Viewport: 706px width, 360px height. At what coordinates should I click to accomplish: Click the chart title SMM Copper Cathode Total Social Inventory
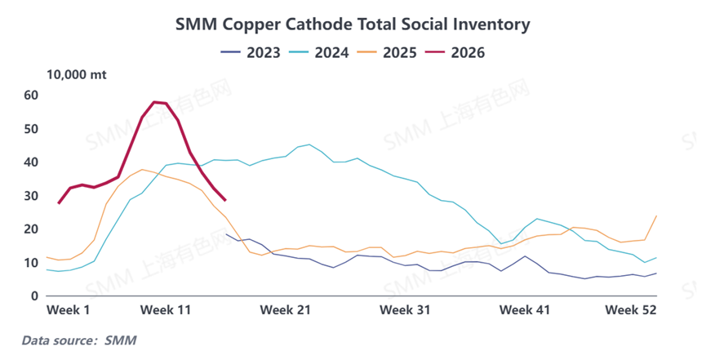pyautogui.click(x=353, y=24)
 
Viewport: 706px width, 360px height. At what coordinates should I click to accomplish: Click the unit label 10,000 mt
pyautogui.click(x=77, y=75)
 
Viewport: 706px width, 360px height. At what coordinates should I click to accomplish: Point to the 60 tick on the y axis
pyautogui.click(x=31, y=96)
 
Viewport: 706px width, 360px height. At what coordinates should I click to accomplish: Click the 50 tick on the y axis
pyautogui.click(x=31, y=129)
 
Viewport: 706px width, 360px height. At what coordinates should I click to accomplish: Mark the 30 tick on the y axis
pyautogui.click(x=31, y=196)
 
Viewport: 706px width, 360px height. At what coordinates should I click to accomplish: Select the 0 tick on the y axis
pyautogui.click(x=35, y=296)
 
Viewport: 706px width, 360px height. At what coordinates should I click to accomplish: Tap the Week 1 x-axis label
pyautogui.click(x=68, y=311)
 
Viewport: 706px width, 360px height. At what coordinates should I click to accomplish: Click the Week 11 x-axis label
pyautogui.click(x=166, y=311)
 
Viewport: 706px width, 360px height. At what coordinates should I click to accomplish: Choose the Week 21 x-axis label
pyautogui.click(x=286, y=311)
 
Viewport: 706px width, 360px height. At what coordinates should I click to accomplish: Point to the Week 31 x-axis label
pyautogui.click(x=406, y=311)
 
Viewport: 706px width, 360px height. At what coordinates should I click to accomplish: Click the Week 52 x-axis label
pyautogui.click(x=631, y=311)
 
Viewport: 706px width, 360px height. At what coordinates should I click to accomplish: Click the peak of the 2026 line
pyautogui.click(x=154, y=102)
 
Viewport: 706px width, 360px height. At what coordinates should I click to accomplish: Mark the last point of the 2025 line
pyautogui.click(x=656, y=216)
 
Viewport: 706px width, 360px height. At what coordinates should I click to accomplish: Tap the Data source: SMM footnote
pyautogui.click(x=78, y=340)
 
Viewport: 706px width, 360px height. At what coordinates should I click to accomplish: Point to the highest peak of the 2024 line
pyautogui.click(x=309, y=144)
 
